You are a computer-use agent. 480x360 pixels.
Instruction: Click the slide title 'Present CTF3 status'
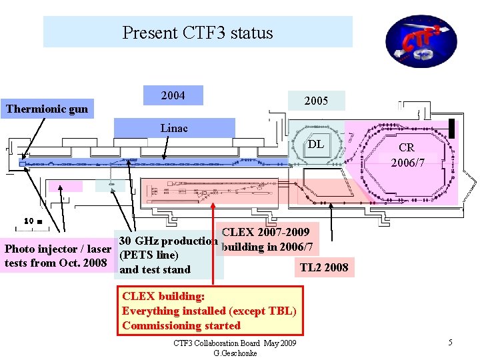pos(197,33)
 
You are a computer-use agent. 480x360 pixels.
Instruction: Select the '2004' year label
pos(173,96)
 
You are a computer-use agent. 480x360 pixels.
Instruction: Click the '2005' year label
pos(316,101)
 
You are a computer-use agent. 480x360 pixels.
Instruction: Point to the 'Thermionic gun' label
pos(47,109)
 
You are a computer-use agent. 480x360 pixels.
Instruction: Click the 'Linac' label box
pos(174,127)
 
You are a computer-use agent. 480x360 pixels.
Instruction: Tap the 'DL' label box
pos(317,144)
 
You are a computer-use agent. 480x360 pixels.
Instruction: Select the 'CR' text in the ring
pos(407,148)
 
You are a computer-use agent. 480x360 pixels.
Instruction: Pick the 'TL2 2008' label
pos(324,268)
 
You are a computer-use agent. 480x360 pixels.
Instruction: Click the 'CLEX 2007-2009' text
pos(265,233)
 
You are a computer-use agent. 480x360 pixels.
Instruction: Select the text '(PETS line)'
pos(148,255)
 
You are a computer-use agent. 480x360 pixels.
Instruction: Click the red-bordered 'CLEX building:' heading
pos(163,296)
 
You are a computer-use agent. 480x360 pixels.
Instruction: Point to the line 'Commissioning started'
pos(181,325)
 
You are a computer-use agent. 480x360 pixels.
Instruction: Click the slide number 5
pos(451,343)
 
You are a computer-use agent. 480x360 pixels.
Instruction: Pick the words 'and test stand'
pos(155,270)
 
